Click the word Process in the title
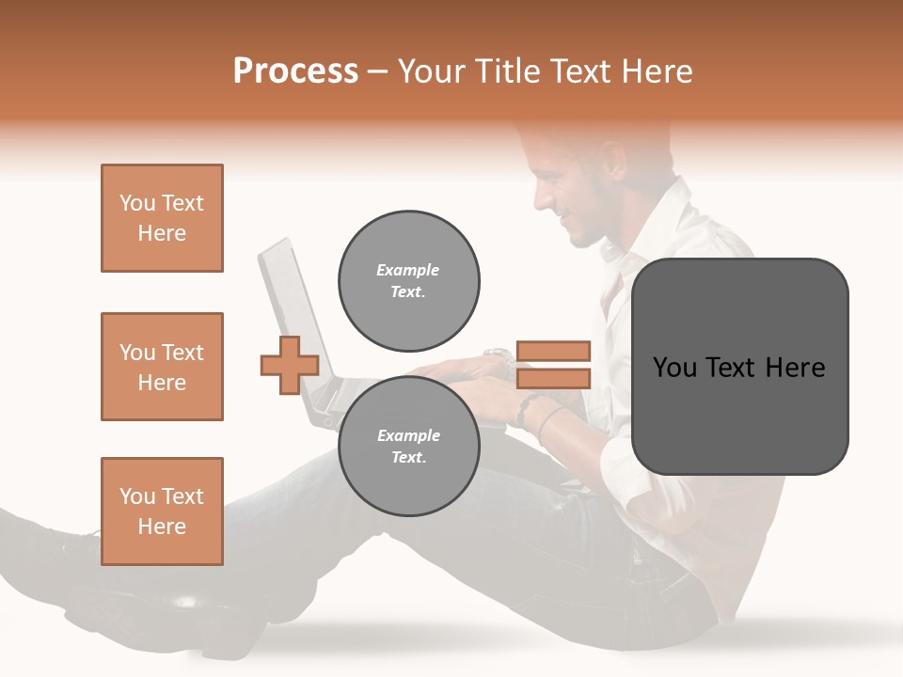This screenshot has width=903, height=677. [295, 71]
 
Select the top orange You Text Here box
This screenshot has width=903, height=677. [162, 218]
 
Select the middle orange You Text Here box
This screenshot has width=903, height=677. [162, 367]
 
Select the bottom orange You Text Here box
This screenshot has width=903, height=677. [162, 512]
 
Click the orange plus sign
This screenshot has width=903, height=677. [290, 365]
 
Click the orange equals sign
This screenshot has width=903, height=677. [553, 365]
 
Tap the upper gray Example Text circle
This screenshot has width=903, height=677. [408, 280]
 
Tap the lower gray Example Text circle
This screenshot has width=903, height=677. [408, 446]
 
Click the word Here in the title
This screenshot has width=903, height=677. [655, 71]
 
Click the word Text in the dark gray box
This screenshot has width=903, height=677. [739, 368]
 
